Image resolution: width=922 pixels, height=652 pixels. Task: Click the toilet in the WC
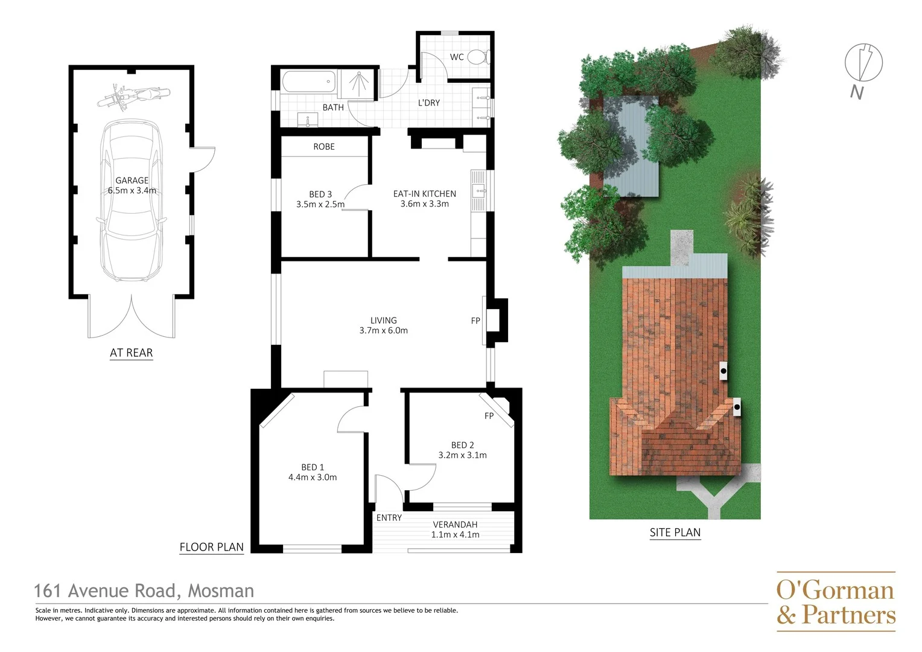478,57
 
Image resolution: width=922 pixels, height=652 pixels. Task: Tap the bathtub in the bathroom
308,81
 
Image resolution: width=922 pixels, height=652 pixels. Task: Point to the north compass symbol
863,63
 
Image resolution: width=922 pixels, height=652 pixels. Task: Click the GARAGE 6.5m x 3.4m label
132,185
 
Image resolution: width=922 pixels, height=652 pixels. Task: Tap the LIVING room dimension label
384,325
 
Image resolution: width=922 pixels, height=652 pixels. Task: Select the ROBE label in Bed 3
324,147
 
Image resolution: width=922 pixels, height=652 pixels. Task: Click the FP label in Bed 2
489,416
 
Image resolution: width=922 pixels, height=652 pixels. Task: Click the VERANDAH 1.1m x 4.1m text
456,529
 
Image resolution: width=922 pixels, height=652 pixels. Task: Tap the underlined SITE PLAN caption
675,532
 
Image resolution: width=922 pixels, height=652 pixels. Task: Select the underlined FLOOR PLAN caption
212,547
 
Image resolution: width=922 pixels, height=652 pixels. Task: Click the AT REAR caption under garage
132,353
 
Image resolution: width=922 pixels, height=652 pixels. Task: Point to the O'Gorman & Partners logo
836,602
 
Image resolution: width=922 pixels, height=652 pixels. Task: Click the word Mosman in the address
221,590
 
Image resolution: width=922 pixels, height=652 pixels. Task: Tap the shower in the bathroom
358,84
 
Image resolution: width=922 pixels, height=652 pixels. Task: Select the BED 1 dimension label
313,472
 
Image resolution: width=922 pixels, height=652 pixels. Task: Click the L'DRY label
429,103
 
